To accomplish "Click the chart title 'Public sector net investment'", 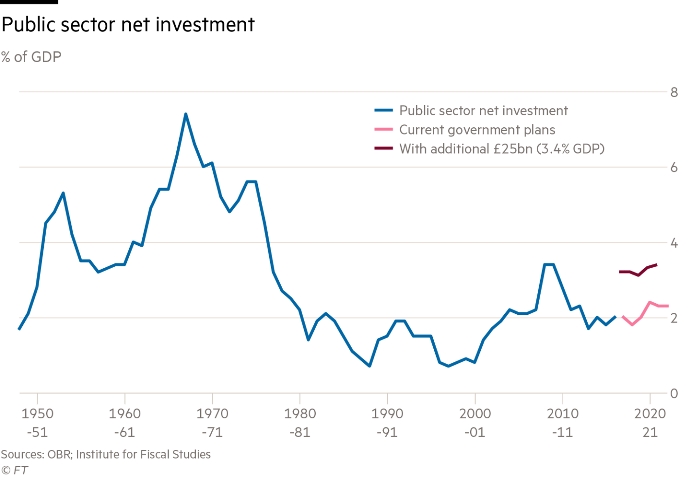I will click(x=128, y=25).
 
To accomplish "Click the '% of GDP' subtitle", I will click(x=31, y=57).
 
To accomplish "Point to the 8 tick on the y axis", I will click(x=674, y=92).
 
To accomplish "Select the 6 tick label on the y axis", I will click(x=674, y=168).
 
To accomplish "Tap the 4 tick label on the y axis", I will click(x=674, y=243).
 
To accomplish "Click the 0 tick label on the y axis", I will click(x=674, y=393).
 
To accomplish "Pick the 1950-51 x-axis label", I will click(x=37, y=422).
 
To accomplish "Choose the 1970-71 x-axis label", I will click(x=212, y=422).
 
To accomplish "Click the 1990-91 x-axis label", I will click(x=387, y=422).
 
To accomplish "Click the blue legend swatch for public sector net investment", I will click(x=384, y=111).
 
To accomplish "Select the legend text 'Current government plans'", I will click(x=477, y=130).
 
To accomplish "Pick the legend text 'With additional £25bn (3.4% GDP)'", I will click(x=502, y=149).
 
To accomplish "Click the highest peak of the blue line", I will click(x=186, y=115).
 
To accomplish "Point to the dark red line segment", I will click(x=638, y=273).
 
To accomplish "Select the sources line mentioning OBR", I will click(x=106, y=454).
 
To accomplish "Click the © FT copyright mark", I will click(x=14, y=470).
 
